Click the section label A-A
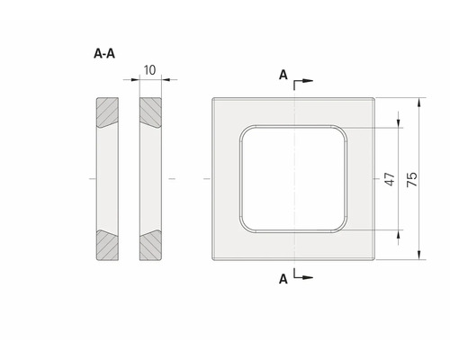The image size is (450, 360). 103,53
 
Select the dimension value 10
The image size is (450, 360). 149,68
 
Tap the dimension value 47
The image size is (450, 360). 391,179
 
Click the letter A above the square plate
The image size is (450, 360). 283,76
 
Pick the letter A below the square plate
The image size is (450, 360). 283,280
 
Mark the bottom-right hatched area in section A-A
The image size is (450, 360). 149,245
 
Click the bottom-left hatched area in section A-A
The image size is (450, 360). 104,245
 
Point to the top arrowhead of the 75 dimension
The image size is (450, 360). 419,103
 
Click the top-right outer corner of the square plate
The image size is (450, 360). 373,98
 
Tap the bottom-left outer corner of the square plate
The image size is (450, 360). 212,260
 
